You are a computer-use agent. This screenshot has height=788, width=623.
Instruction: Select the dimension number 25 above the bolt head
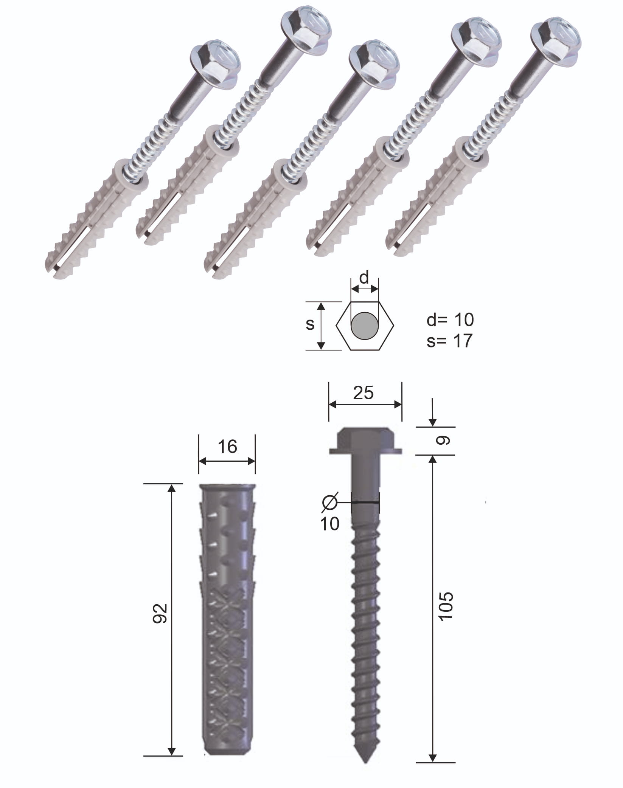coord(363,393)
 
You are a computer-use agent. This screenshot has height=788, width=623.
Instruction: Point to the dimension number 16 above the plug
coord(227,447)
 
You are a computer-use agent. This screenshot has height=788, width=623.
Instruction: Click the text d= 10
coord(450,320)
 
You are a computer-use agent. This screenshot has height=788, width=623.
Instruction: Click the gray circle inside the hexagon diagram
coord(365,326)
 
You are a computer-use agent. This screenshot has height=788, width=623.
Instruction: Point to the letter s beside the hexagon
coord(310,324)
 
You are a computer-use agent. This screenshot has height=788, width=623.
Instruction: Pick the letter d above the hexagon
coord(364,278)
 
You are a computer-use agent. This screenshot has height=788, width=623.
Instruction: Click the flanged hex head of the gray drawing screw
coord(365,440)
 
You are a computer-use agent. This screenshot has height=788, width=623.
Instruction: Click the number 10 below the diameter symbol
coord(330,524)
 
